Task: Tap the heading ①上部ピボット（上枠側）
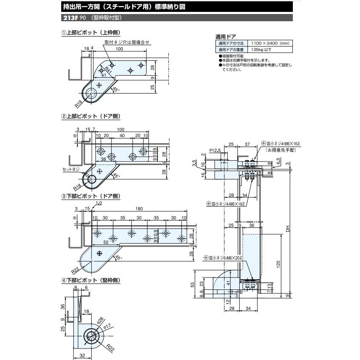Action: pyautogui.click(x=91, y=33)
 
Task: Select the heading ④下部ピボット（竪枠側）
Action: pyautogui.click(x=91, y=281)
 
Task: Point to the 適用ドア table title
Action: pyautogui.click(x=226, y=37)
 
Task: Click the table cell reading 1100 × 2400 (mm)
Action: pyautogui.click(x=270, y=43)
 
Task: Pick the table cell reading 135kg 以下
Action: pyautogui.click(x=261, y=50)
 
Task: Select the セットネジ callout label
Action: pyautogui.click(x=70, y=169)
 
